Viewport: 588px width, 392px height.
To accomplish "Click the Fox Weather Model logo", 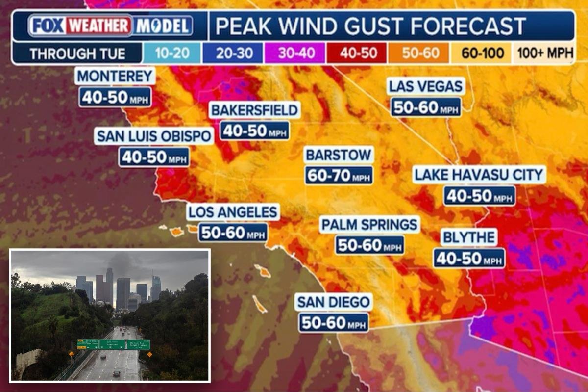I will click(x=110, y=26).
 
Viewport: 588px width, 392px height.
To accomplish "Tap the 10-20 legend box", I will click(x=171, y=53).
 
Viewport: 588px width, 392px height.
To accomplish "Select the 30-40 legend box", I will click(x=294, y=53).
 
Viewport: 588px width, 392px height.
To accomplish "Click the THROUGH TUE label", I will click(x=77, y=53).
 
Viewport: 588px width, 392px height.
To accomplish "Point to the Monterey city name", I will click(x=115, y=77).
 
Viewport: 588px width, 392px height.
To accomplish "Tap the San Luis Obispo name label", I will click(x=154, y=136).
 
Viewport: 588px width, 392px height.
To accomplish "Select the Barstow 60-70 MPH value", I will click(x=339, y=175).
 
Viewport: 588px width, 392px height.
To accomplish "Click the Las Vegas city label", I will click(x=425, y=87).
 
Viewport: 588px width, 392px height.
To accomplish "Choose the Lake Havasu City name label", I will click(x=479, y=174).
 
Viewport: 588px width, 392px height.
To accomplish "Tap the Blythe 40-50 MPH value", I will click(x=469, y=258).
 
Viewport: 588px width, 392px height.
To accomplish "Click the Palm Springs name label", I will click(x=370, y=225).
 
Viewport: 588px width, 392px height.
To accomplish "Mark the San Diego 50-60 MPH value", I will click(x=334, y=322).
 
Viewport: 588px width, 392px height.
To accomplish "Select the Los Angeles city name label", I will click(x=233, y=212).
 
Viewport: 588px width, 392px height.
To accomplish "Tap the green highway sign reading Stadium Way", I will click(x=138, y=344).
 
